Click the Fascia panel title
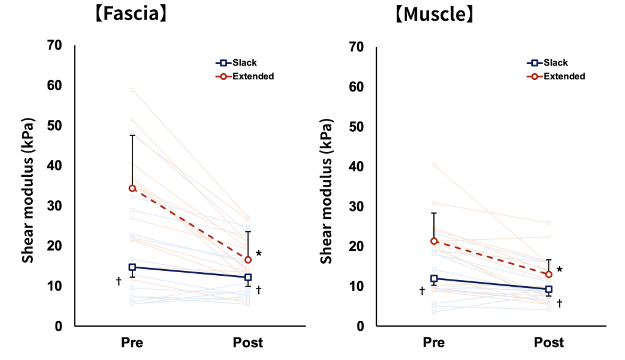tap(130, 13)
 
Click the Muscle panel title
tap(433, 13)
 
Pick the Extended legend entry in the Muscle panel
tap(555, 76)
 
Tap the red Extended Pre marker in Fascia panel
tap(132, 188)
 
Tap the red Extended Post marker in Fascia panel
tap(248, 260)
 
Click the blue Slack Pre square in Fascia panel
tap(132, 267)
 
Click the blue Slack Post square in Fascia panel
tap(248, 277)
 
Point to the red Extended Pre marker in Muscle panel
tap(434, 241)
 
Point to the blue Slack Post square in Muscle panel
tap(549, 289)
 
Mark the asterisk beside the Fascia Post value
tap(259, 253)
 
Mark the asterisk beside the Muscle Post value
tap(559, 270)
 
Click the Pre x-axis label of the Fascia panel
tap(132, 343)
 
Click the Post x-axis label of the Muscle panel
tap(549, 343)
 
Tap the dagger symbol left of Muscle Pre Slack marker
tap(422, 291)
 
